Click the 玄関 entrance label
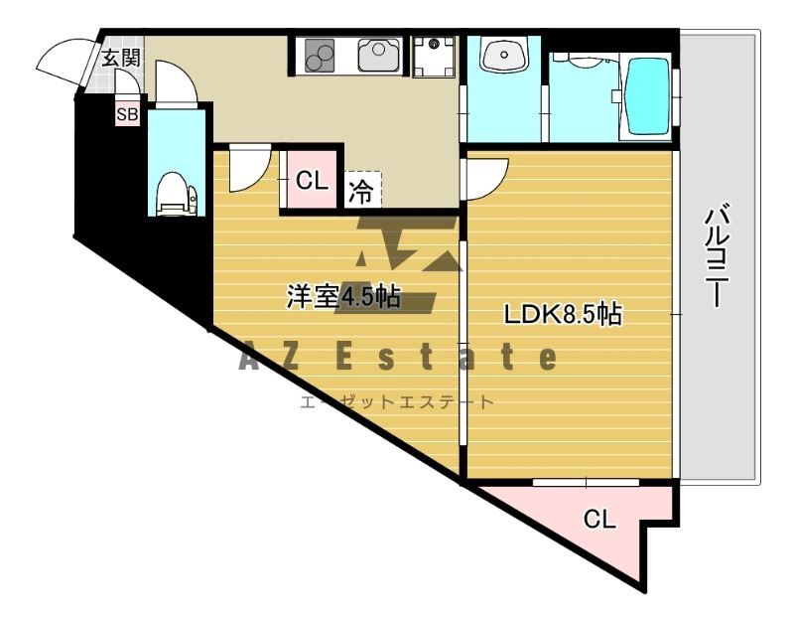point(120,57)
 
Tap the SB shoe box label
point(127,114)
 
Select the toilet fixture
point(177,193)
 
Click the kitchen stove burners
point(320,55)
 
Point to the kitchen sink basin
point(379,56)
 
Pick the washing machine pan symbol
point(434,57)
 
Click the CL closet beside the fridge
point(312,181)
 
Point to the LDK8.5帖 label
point(563,315)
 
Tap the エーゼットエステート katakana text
point(397,402)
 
